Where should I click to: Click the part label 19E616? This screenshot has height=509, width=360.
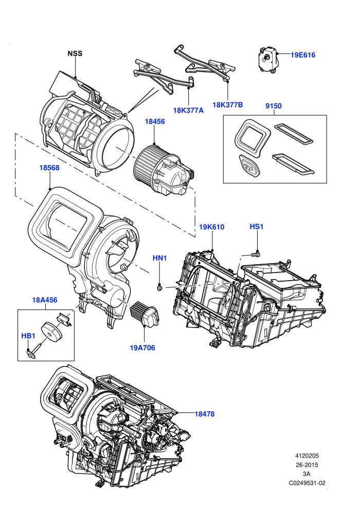click(302, 55)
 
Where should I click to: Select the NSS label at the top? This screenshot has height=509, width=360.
click(75, 53)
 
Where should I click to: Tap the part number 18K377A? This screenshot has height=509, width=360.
click(188, 111)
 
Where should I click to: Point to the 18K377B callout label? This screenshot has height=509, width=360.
click(227, 105)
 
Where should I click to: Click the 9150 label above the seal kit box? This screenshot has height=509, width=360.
click(273, 106)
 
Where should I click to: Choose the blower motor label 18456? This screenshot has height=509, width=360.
click(154, 121)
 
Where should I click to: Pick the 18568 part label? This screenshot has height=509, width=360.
click(49, 168)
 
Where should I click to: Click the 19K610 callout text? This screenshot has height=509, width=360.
click(212, 227)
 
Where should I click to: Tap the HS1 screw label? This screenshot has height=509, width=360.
click(257, 226)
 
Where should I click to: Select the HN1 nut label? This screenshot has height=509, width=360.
click(160, 258)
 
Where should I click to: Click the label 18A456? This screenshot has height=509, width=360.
click(44, 300)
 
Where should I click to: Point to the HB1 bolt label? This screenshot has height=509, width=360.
click(28, 336)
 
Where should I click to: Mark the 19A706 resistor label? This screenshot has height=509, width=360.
click(142, 348)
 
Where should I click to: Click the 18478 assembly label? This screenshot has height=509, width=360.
click(205, 414)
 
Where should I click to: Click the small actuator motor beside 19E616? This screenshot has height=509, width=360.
click(267, 58)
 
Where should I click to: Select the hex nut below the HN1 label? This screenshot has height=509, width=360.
click(159, 287)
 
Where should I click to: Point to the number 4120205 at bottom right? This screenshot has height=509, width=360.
click(307, 456)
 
